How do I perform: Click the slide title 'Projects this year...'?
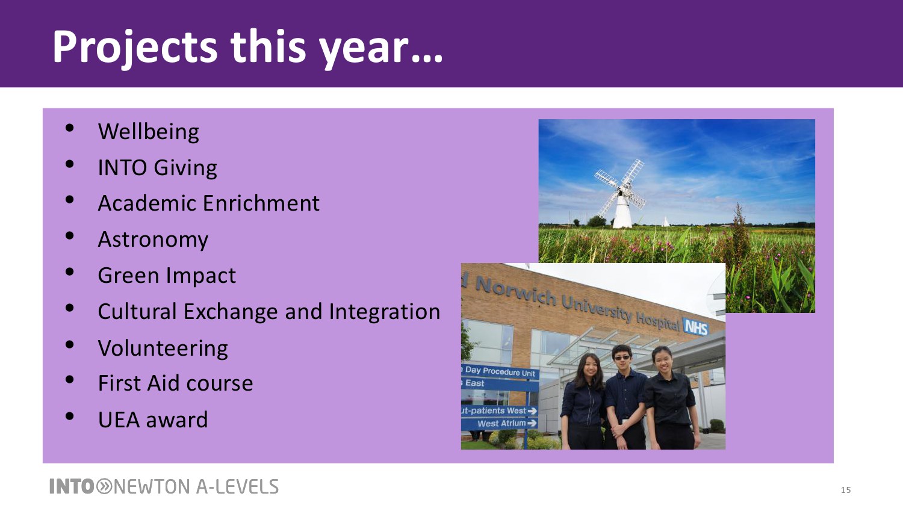[x=247, y=48]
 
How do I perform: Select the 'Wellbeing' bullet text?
[x=148, y=132]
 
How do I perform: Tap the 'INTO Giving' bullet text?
[x=157, y=168]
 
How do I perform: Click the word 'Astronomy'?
[x=153, y=240]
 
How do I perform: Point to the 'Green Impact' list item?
[x=167, y=276]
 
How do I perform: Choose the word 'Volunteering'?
[x=163, y=348]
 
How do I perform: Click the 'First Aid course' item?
[x=175, y=383]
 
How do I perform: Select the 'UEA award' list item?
[x=153, y=420]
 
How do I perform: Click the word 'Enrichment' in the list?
[x=261, y=203]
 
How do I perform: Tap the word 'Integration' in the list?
[x=385, y=312]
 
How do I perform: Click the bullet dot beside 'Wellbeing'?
[x=69, y=128]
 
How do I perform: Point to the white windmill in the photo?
[x=621, y=194]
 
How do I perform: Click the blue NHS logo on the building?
[x=695, y=327]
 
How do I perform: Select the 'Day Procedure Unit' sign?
[x=500, y=371]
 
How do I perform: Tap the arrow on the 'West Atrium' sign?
[x=532, y=423]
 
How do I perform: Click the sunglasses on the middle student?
[x=622, y=358]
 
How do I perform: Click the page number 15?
[x=846, y=490]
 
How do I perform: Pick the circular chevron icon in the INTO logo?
[x=104, y=486]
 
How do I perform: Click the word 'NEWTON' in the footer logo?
[x=152, y=486]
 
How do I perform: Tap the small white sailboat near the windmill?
[x=666, y=221]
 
